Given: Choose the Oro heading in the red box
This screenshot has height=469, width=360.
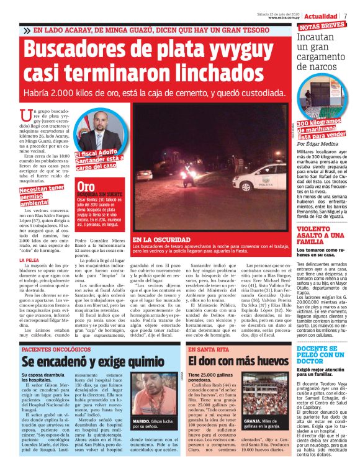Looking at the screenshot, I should (x=86, y=185).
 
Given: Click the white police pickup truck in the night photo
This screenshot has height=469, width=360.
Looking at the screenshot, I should (x=260, y=177).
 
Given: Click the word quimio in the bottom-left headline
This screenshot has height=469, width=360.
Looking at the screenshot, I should (x=146, y=362).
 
